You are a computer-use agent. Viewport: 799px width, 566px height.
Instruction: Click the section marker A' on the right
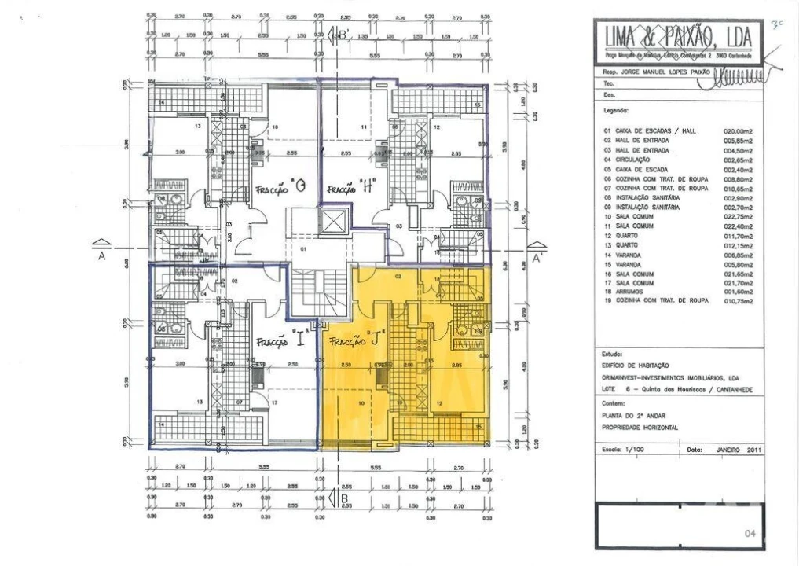pos(537,256)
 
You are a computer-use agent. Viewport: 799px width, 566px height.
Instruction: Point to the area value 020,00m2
pos(738,132)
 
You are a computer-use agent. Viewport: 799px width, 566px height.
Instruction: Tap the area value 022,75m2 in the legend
pos(738,216)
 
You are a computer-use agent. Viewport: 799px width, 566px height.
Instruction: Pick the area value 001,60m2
pos(738,291)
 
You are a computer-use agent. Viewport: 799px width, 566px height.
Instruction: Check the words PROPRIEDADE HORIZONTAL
pos(640,428)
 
